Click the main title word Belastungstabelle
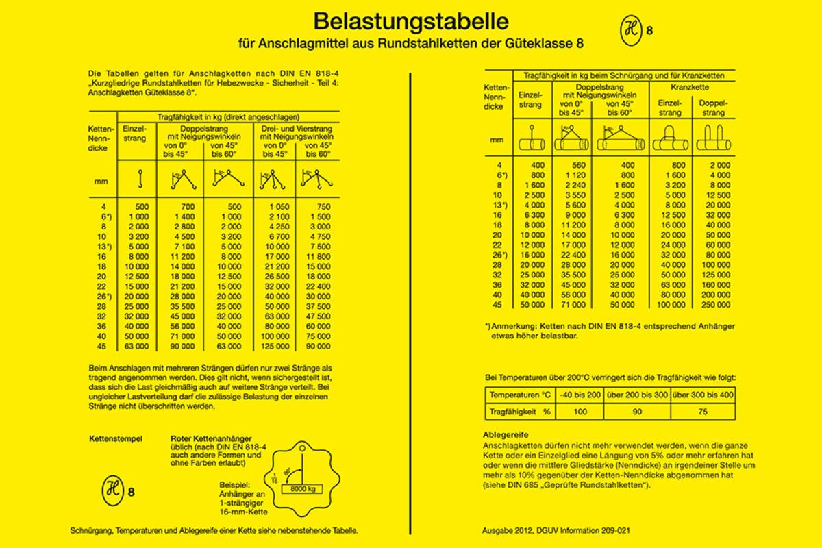click(x=410, y=21)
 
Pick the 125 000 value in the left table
click(x=275, y=346)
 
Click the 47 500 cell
click(x=316, y=317)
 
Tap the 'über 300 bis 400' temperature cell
click(x=702, y=395)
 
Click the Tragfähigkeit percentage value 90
click(x=637, y=412)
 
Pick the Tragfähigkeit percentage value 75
click(x=702, y=412)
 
